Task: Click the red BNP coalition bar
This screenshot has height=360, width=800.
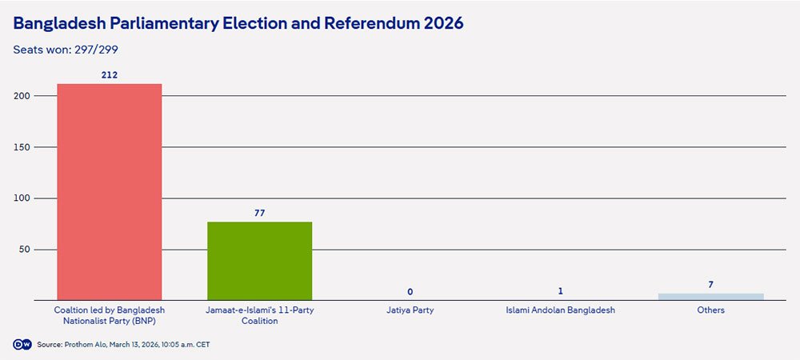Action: pyautogui.click(x=109, y=192)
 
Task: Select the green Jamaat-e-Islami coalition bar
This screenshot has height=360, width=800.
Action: pyautogui.click(x=259, y=261)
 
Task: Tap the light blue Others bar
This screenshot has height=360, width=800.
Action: pyautogui.click(x=710, y=297)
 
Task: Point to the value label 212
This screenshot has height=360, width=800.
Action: pyautogui.click(x=109, y=75)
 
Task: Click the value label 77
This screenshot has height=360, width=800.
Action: pyautogui.click(x=259, y=213)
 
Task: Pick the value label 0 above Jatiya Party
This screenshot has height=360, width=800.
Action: pyautogui.click(x=410, y=292)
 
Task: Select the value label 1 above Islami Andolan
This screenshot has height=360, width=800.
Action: pyautogui.click(x=560, y=291)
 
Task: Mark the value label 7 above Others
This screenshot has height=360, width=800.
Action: pyautogui.click(x=710, y=285)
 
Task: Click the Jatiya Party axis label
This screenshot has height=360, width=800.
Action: pyautogui.click(x=410, y=310)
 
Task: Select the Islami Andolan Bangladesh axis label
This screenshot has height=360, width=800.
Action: pyautogui.click(x=560, y=310)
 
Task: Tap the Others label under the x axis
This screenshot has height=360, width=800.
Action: pyautogui.click(x=710, y=310)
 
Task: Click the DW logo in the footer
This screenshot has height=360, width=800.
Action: pyautogui.click(x=22, y=344)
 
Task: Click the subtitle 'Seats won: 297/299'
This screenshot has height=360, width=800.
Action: pyautogui.click(x=66, y=50)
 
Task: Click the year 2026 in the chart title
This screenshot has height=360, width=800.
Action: pyautogui.click(x=441, y=23)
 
